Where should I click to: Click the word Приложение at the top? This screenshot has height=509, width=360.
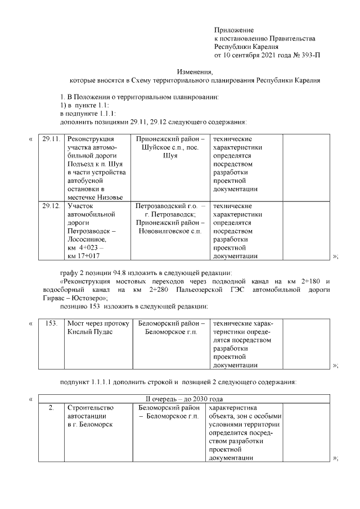(234, 29)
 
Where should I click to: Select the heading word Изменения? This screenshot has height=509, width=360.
(195, 72)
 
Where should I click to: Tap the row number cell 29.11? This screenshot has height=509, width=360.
(51, 139)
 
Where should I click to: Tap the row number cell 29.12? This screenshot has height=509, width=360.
(51, 206)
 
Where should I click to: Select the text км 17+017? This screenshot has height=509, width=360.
(85, 256)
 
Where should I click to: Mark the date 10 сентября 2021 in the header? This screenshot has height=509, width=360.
(250, 56)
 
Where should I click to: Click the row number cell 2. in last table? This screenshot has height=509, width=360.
(51, 407)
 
